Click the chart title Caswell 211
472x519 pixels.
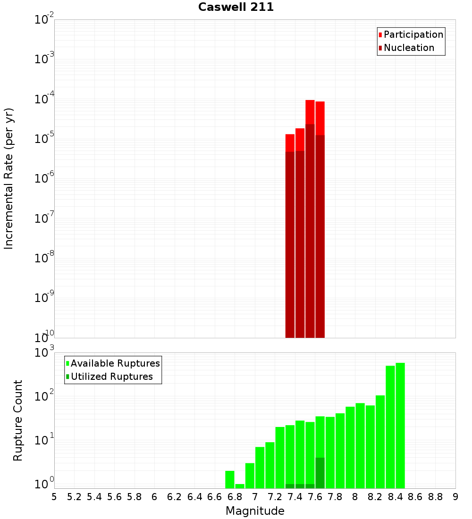pyautogui.click(x=236, y=7)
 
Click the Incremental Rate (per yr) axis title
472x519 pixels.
pyautogui.click(x=9, y=178)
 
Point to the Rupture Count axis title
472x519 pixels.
pyautogui.click(x=18, y=420)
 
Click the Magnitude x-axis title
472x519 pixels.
pyautogui.click(x=255, y=511)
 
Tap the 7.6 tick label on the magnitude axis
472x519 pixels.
pyautogui.click(x=315, y=497)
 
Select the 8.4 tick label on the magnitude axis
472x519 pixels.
pyautogui.click(x=395, y=497)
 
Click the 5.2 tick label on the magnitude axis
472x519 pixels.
pyautogui.click(x=74, y=497)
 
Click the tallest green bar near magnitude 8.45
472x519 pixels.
pyautogui.click(x=400, y=425)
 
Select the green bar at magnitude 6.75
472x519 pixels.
pyautogui.click(x=230, y=479)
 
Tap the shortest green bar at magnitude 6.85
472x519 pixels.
pyautogui.click(x=240, y=486)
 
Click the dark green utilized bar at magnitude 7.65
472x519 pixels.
pyautogui.click(x=320, y=473)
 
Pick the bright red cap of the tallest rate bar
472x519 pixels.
pyautogui.click(x=310, y=112)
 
